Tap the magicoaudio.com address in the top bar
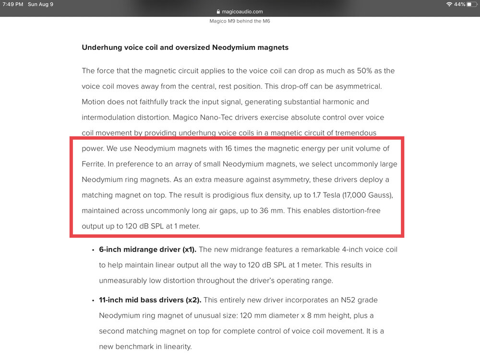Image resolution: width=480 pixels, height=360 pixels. click(x=242, y=12)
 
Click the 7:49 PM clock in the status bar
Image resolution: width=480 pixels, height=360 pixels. click(x=13, y=4)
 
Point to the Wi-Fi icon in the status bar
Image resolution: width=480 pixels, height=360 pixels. click(x=449, y=4)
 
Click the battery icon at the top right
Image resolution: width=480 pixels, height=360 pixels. click(x=470, y=4)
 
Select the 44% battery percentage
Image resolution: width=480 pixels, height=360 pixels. click(x=459, y=4)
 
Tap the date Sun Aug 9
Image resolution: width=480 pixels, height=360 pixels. click(x=40, y=4)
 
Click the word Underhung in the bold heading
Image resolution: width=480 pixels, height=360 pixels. click(x=102, y=48)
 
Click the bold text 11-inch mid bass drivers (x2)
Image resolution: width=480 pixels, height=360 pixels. click(x=150, y=300)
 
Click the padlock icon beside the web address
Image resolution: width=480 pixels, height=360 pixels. click(x=218, y=12)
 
